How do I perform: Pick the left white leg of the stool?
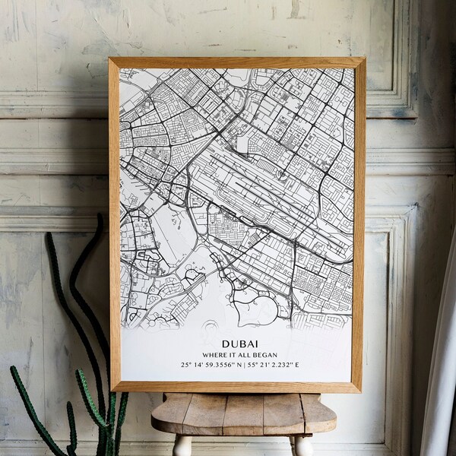(x=182, y=445)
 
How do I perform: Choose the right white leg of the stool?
(x=301, y=445)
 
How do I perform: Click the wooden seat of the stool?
(x=243, y=410)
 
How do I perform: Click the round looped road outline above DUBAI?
(x=255, y=308)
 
